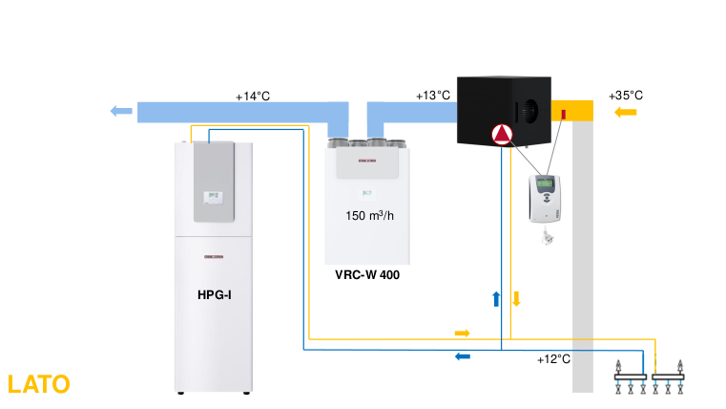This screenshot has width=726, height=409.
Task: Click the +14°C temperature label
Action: click(x=253, y=97)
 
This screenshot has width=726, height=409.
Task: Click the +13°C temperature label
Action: click(x=432, y=96)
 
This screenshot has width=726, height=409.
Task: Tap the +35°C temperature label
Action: click(x=625, y=96)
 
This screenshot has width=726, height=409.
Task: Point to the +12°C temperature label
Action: click(x=553, y=359)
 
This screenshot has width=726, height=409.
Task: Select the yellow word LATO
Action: click(x=38, y=384)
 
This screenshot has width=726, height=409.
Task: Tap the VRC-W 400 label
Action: click(x=367, y=275)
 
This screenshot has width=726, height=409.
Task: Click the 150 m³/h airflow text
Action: click(x=369, y=215)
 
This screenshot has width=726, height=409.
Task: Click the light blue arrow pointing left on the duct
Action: click(x=121, y=111)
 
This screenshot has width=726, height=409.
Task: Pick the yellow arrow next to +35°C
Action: click(x=626, y=113)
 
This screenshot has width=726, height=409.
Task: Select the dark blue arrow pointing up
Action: click(x=496, y=298)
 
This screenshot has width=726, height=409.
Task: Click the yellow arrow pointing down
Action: click(x=517, y=298)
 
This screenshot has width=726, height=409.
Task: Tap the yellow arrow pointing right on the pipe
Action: click(x=462, y=333)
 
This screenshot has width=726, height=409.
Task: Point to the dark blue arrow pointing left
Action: click(x=462, y=356)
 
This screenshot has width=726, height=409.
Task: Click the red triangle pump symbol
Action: click(x=502, y=136)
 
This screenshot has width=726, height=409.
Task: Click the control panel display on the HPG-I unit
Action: click(x=211, y=197)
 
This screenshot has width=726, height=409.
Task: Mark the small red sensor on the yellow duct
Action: click(x=564, y=115)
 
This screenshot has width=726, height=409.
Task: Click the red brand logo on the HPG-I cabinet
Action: click(x=211, y=256)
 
